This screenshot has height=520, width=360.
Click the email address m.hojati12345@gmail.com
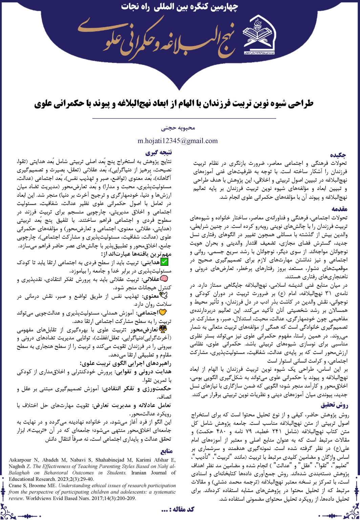[x=177, y=141]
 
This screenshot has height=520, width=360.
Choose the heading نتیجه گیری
[x=159, y=152]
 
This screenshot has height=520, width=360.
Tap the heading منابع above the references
[x=168, y=451]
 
